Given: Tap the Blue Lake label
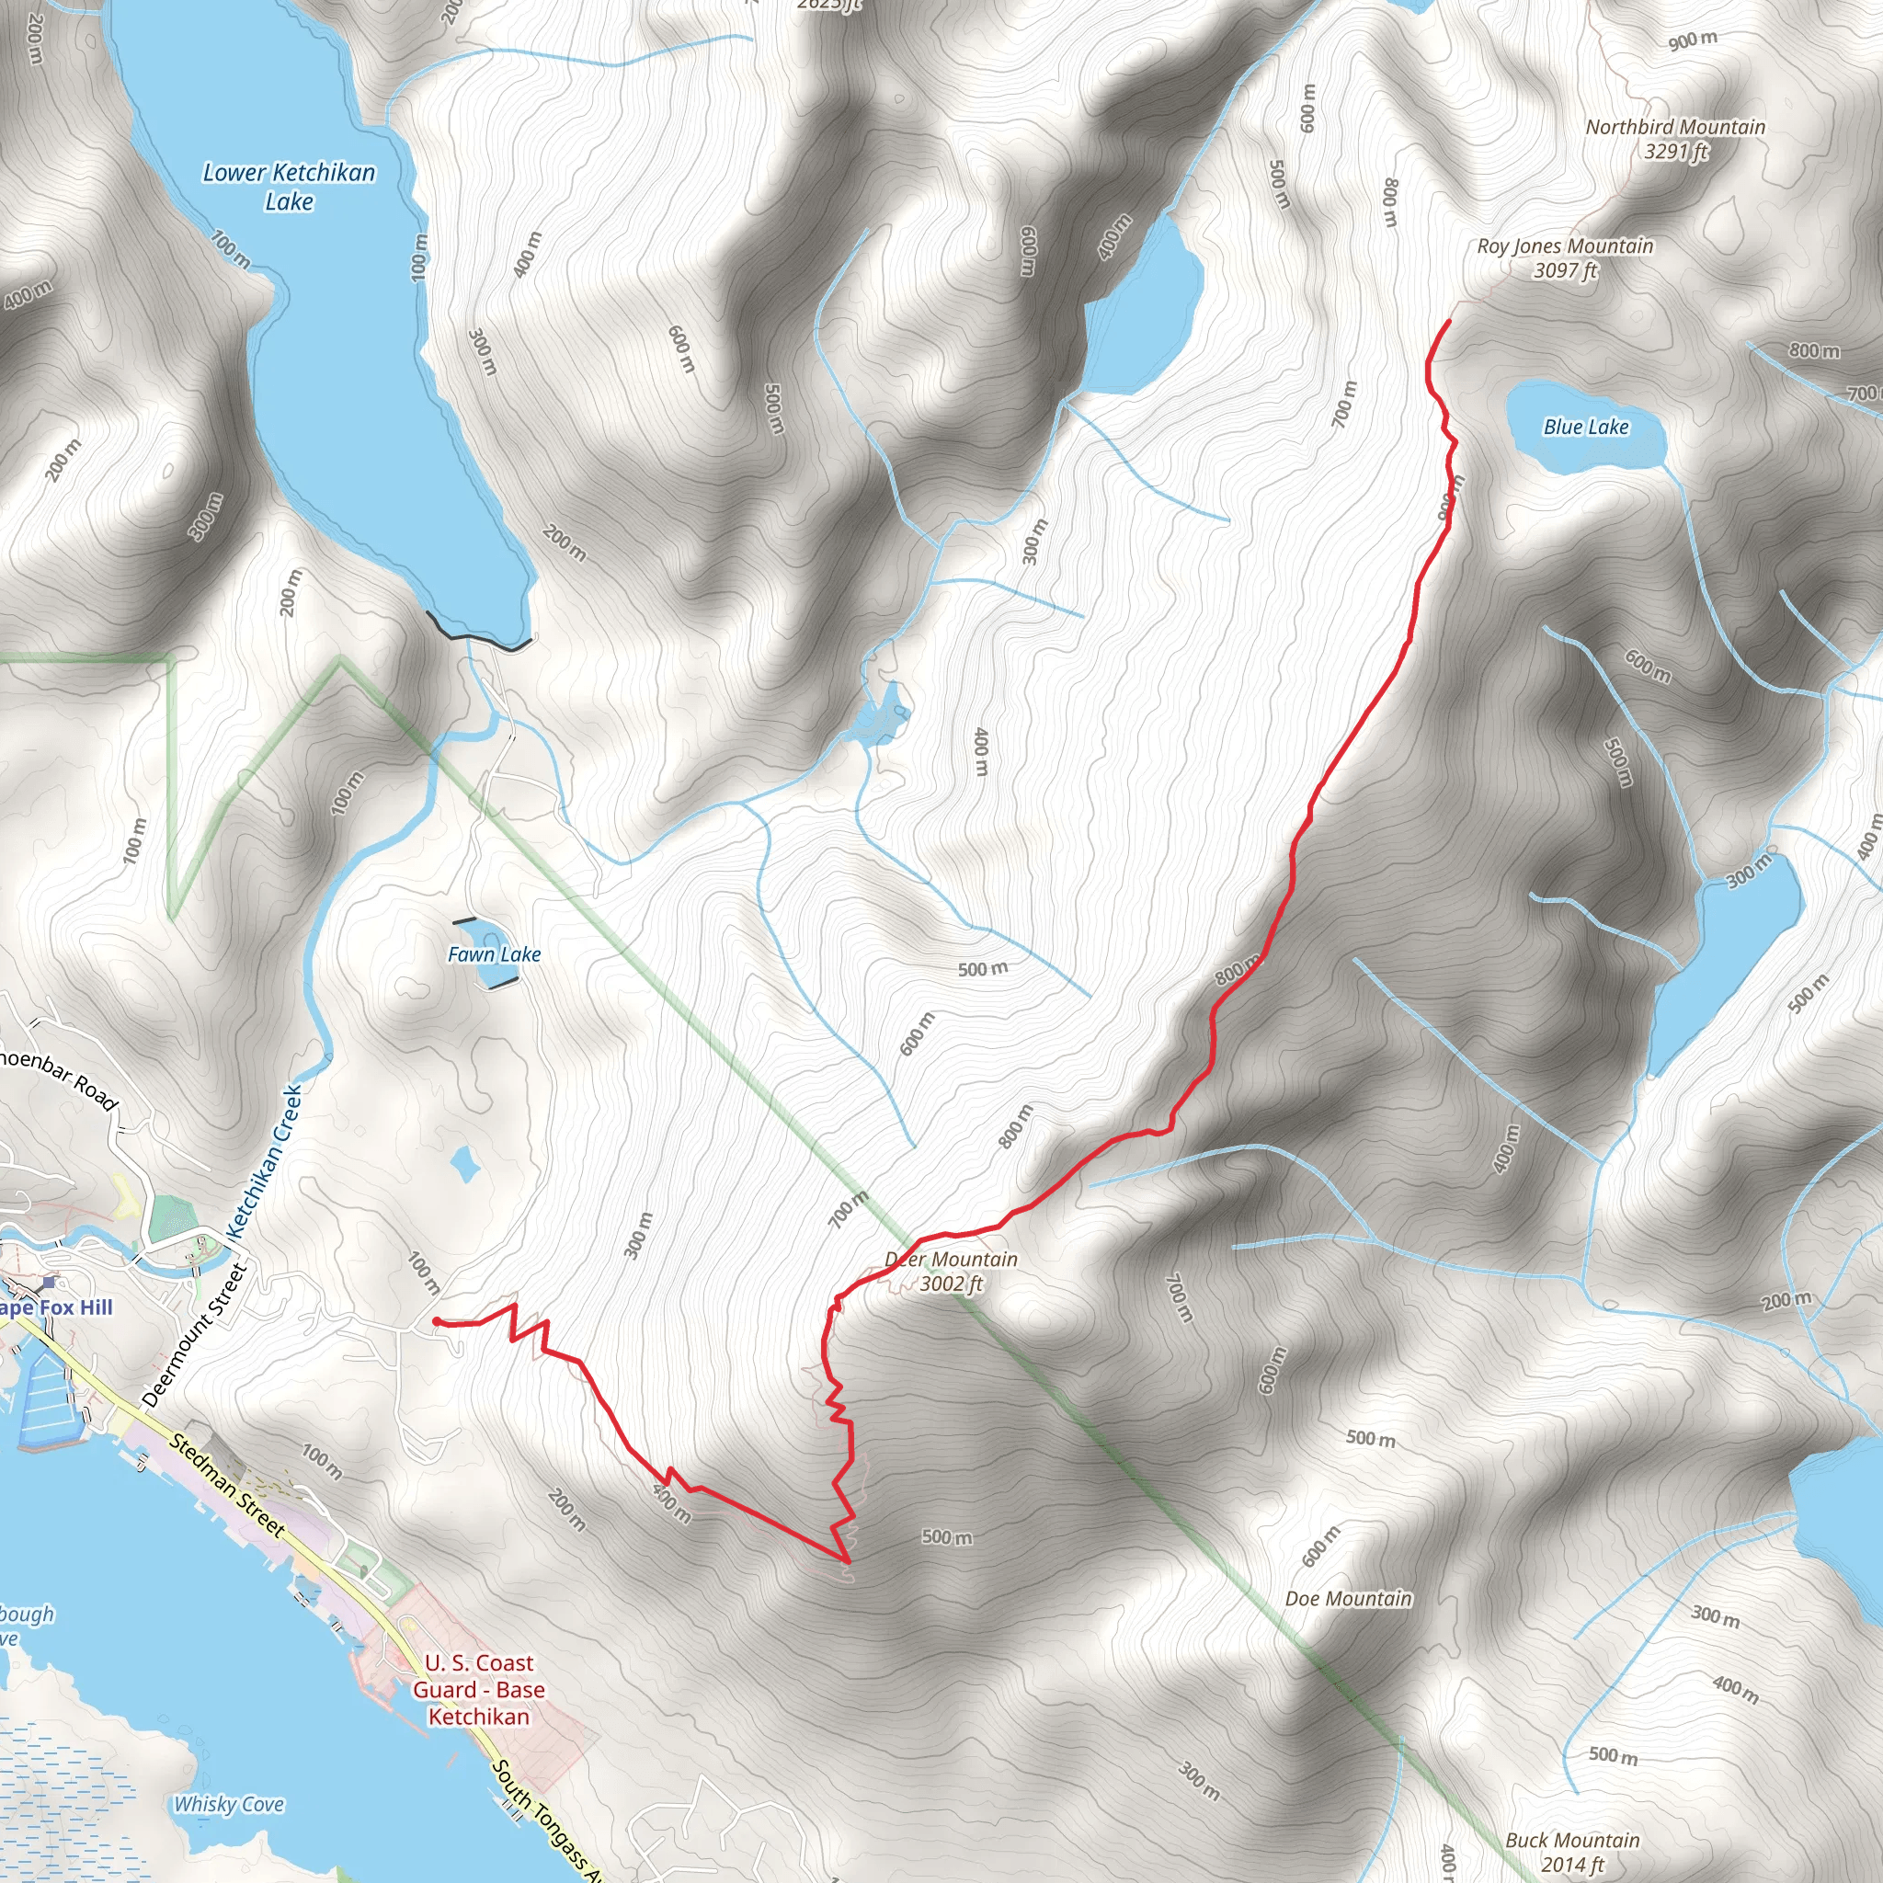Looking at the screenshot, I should click(1586, 427).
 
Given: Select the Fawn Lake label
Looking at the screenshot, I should click(493, 955).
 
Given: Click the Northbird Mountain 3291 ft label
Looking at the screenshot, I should click(1674, 139).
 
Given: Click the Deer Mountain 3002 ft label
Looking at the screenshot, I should click(952, 1272).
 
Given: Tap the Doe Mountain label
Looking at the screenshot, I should click(1348, 1598).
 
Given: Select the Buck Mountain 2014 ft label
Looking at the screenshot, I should click(1572, 1852).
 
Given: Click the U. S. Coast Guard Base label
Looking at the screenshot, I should click(478, 1690).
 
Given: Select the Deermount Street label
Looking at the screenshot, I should click(196, 1334).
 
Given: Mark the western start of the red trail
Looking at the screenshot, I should click(435, 1321).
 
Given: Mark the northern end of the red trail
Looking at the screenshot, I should click(1449, 321).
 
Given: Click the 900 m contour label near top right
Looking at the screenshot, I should click(1692, 40).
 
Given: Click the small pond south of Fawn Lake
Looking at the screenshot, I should click(464, 1163).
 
